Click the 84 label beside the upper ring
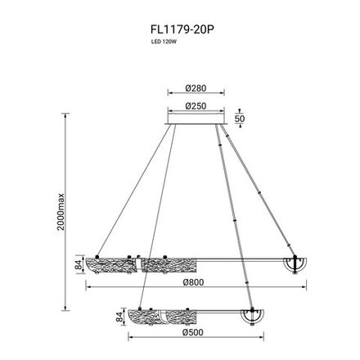79,264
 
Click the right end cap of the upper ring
293,265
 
